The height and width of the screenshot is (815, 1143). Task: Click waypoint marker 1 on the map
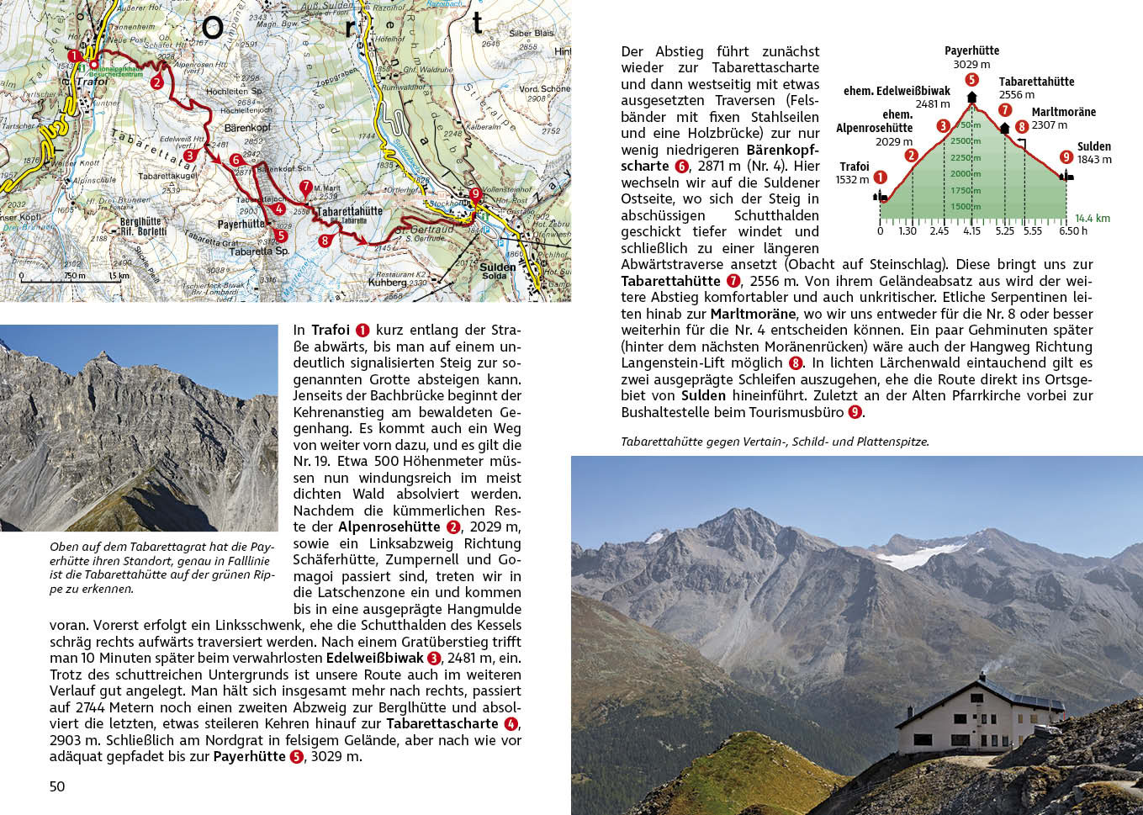[x=75, y=56]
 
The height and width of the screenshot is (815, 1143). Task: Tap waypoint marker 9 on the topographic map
[x=475, y=194]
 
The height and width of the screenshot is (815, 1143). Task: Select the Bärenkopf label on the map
[x=247, y=128]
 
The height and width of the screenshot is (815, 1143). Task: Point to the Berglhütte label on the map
[x=140, y=222]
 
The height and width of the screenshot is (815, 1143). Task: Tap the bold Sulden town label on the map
[x=497, y=267]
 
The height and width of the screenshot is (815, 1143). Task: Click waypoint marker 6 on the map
[x=235, y=160]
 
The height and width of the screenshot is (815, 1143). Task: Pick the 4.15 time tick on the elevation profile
[x=971, y=231]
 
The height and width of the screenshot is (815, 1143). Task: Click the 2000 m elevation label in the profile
[x=965, y=173]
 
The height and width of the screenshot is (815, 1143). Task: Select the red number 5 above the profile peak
[x=972, y=80]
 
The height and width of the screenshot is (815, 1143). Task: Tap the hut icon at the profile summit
[x=972, y=97]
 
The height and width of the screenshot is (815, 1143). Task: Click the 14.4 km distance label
[x=1092, y=218]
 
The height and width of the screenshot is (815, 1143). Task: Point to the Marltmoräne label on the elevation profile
[x=1063, y=112]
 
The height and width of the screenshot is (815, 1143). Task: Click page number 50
[x=57, y=786]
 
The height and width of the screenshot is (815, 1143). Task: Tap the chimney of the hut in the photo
[x=982, y=677]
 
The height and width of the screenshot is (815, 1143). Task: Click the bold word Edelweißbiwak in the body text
[x=374, y=658]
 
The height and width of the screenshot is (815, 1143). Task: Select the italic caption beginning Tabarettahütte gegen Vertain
[x=775, y=441]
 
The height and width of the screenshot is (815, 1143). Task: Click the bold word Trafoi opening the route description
[x=330, y=330]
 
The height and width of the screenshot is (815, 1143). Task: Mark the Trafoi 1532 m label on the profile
[x=854, y=173]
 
